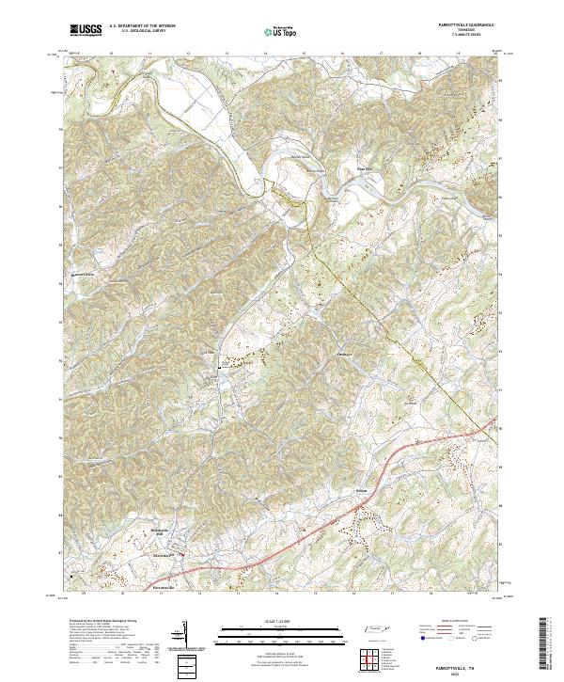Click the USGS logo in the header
[86, 30]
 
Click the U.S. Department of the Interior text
[143, 26]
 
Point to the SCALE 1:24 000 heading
[281, 620]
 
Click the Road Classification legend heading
[458, 622]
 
